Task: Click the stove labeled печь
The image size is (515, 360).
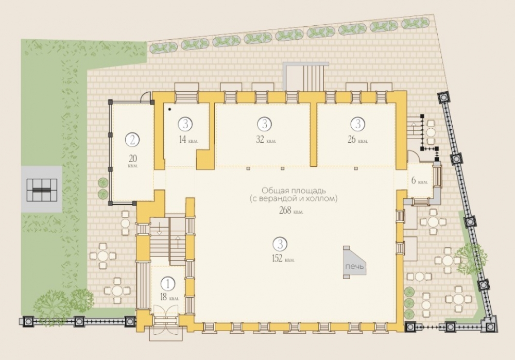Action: point(354,262)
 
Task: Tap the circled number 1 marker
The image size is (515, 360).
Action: point(168,283)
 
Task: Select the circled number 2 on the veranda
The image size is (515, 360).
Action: point(132,140)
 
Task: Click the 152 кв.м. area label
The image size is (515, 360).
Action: point(283,259)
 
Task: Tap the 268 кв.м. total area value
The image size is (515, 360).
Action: point(291,211)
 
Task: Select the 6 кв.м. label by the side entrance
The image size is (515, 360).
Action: point(419,180)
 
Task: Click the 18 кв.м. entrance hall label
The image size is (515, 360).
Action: point(169,298)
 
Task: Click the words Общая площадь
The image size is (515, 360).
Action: point(294,191)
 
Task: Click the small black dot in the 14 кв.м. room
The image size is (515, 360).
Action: point(169,109)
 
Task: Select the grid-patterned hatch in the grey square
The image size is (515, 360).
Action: point(42,190)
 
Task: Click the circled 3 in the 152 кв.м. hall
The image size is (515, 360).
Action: point(280,244)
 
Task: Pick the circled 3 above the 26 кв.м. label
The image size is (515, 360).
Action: point(358,124)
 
